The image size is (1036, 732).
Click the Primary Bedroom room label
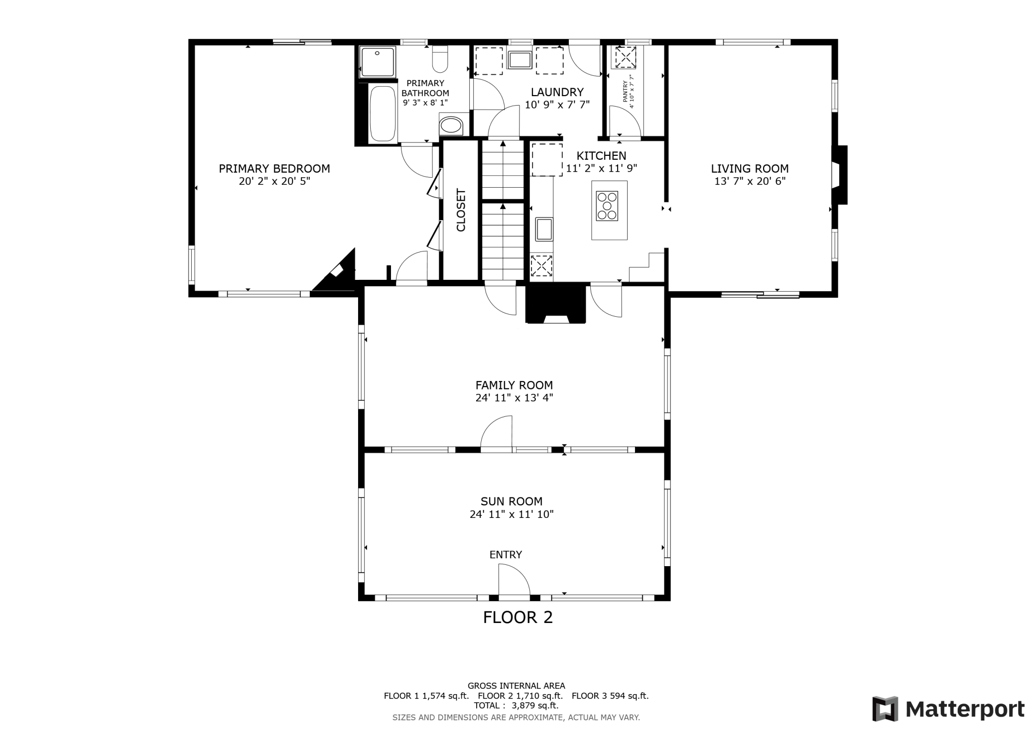point(274,169)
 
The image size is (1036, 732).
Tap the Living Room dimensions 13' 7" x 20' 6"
point(750,181)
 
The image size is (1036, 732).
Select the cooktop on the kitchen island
point(607,206)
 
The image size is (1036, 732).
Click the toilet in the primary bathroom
point(440,59)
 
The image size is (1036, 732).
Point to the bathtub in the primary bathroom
point(383,114)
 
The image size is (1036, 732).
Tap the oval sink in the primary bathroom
point(451,124)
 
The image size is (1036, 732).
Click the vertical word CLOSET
point(461,210)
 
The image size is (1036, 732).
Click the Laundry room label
point(557,92)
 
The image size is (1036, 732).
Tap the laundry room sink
point(520,59)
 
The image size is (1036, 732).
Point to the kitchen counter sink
point(544,229)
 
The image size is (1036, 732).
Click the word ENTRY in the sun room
point(506,555)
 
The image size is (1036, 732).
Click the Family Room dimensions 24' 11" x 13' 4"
point(514,398)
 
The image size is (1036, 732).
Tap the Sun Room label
point(512,501)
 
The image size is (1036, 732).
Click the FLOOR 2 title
point(518,617)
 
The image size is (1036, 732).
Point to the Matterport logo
point(948,709)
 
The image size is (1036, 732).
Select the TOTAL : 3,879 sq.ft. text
point(516,706)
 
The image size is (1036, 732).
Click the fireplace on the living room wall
point(840,175)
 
